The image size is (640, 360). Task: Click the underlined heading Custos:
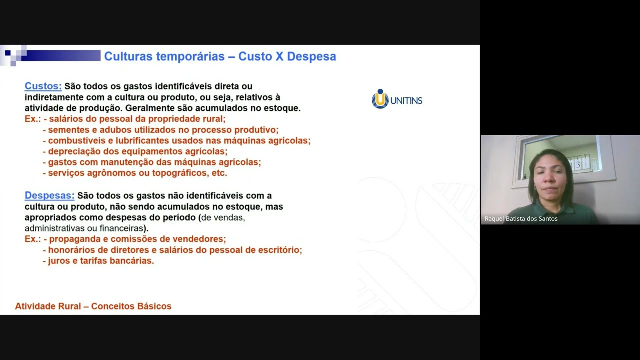pos(43,86)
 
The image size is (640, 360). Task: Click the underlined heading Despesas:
pos(49,196)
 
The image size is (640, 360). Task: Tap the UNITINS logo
pos(397,99)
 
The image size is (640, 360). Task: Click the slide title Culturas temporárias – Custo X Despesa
pos(220,56)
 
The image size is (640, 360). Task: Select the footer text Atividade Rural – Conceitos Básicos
pos(93,306)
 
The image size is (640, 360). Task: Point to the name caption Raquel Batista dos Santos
pos(521,219)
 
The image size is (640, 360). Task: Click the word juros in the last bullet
pos(59,261)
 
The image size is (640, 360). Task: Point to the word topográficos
pos(175,173)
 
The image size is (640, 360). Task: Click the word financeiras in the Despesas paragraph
pos(119,228)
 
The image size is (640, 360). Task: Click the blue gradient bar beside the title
pos(60,56)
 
